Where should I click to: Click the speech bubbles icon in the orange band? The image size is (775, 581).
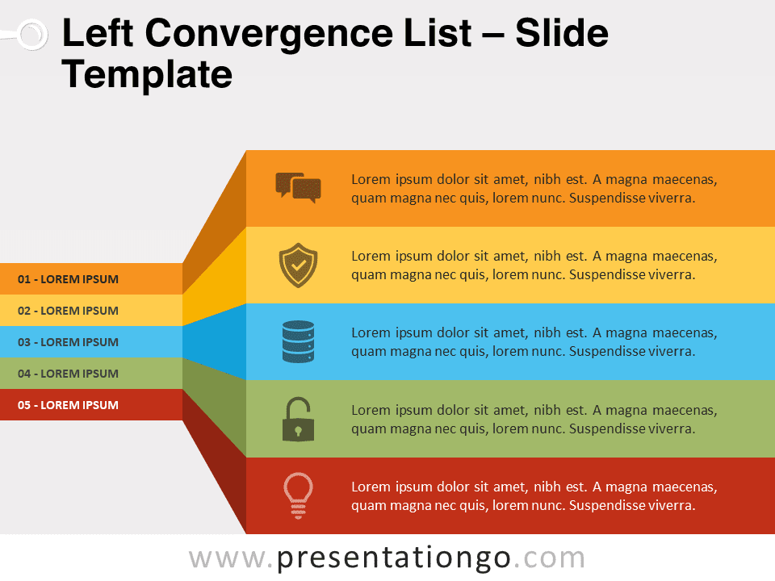(x=298, y=188)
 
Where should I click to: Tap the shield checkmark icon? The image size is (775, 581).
(x=298, y=265)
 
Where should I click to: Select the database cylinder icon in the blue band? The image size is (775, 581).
(x=298, y=342)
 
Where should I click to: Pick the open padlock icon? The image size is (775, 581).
(x=298, y=419)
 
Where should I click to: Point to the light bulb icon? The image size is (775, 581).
(x=298, y=495)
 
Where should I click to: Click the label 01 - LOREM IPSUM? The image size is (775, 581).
(x=68, y=279)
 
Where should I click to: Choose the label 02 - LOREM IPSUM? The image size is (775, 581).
(x=68, y=311)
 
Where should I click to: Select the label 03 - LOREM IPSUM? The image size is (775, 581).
(x=68, y=342)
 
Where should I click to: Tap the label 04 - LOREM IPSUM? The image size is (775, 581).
(x=68, y=374)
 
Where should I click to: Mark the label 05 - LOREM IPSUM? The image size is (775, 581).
(x=68, y=405)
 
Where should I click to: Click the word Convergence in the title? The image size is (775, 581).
(x=308, y=34)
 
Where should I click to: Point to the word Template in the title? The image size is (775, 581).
(x=147, y=74)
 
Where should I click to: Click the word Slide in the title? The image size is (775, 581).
(x=562, y=33)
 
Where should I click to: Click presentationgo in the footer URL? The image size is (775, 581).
(x=393, y=558)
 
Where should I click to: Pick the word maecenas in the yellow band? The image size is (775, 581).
(x=685, y=256)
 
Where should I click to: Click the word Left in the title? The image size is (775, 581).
(x=98, y=33)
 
